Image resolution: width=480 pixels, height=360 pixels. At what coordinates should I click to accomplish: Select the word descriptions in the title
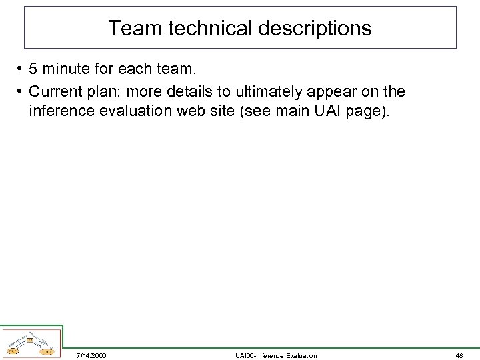pos(313,28)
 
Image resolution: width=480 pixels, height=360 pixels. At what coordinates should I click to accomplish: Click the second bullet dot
pos(21,91)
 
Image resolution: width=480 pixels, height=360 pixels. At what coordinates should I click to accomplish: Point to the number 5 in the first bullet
pos(33,69)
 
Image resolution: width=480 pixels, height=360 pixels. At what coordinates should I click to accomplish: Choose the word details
pos(194,91)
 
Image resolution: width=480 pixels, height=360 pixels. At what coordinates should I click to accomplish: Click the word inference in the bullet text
pos(59,111)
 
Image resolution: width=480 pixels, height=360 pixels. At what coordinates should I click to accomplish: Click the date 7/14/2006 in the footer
pos(91,355)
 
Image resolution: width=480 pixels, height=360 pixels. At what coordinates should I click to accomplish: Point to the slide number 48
pos(459,355)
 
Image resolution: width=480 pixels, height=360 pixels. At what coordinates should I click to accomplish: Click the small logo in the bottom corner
pos(31,343)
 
